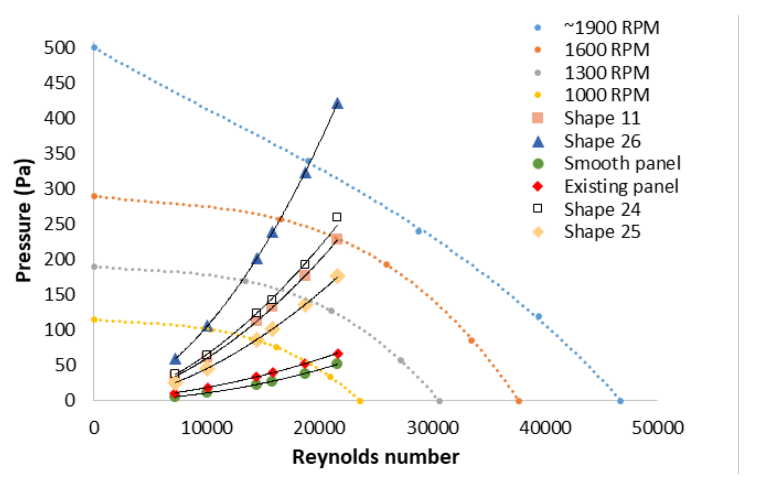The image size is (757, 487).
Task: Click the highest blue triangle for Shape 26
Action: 337,104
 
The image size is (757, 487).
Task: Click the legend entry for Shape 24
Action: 602,209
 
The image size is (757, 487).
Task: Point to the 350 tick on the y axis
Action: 59,153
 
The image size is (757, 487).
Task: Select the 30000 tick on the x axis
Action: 433,427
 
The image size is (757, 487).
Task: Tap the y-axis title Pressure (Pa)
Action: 24,220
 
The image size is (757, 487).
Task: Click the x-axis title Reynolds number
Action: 375,457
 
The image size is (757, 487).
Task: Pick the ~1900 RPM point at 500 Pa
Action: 94,47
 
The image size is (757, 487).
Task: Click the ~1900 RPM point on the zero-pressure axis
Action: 620,401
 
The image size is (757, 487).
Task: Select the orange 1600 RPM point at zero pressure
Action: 519,401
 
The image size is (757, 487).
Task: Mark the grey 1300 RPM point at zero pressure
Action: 439,401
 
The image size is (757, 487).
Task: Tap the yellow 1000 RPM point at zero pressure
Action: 360,401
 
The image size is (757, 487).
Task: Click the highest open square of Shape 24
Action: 337,217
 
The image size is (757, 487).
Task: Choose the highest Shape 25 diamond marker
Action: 337,276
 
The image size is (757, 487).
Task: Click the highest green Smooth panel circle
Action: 337,364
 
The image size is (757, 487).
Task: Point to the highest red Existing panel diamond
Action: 338,354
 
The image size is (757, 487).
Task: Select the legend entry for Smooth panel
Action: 622,163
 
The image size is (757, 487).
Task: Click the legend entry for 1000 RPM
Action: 606,95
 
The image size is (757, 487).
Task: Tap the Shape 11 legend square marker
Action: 538,118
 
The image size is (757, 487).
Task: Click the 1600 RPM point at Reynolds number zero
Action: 94,196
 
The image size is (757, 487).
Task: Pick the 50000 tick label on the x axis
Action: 657,427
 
